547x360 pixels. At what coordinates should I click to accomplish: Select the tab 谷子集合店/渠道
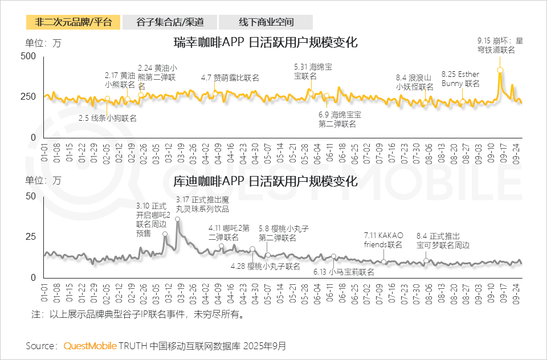(x=169, y=22)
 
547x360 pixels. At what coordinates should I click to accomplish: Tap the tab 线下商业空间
(x=266, y=22)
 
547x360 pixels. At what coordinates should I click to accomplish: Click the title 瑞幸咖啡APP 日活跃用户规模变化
(x=266, y=43)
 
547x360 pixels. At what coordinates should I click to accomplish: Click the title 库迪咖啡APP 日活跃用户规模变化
(x=266, y=182)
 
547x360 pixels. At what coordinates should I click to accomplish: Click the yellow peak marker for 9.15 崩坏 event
(x=500, y=70)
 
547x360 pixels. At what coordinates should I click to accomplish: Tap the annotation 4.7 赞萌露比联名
(x=230, y=77)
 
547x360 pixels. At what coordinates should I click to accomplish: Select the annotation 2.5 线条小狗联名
(x=108, y=118)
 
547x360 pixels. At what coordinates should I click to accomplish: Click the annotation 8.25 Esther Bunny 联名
(x=460, y=79)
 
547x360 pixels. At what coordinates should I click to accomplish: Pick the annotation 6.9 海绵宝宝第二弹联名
(x=340, y=119)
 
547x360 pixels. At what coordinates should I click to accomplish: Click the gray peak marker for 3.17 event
(x=178, y=219)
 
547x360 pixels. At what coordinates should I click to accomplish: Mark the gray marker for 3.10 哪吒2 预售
(x=165, y=234)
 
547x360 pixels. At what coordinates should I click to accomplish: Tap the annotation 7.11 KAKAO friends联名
(x=383, y=240)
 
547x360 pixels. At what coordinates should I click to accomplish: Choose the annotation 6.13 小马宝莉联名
(x=344, y=272)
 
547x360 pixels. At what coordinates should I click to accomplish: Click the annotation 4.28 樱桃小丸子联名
(x=265, y=266)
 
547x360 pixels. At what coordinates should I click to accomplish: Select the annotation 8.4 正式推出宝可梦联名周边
(x=443, y=240)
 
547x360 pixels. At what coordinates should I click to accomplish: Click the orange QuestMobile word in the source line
(x=90, y=346)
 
